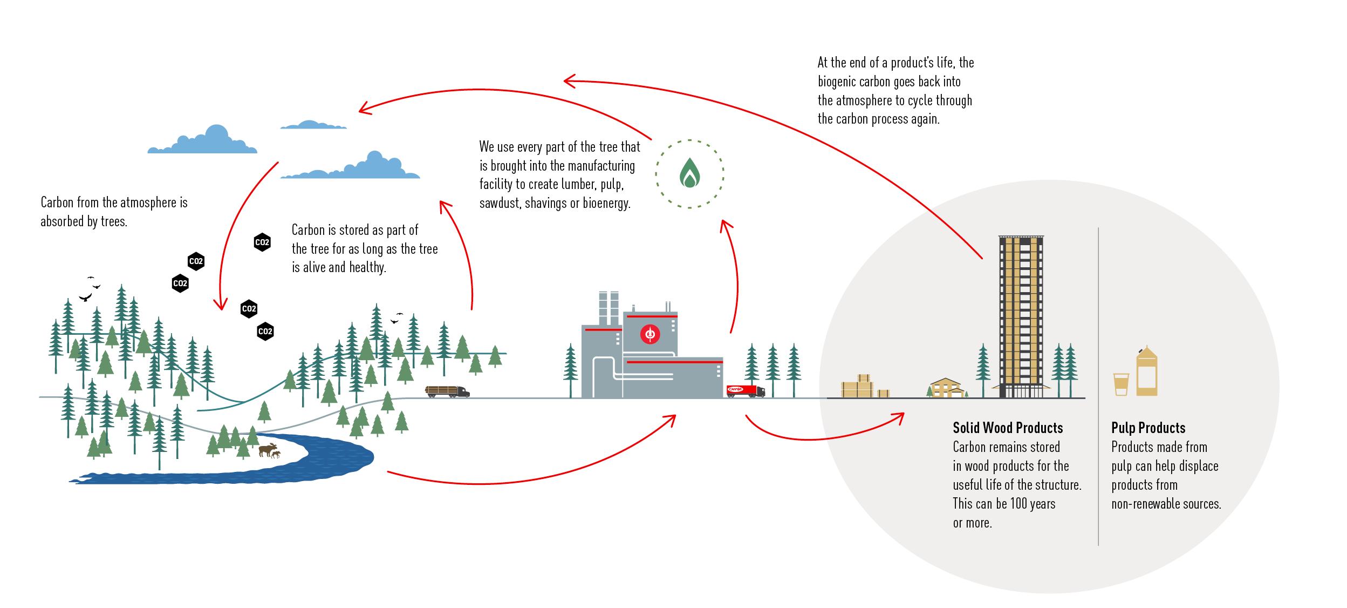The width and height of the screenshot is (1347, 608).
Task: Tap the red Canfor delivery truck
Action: click(x=745, y=391)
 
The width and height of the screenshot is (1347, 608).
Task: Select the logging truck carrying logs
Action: click(x=447, y=391)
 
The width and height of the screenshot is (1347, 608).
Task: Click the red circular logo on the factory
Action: click(x=650, y=335)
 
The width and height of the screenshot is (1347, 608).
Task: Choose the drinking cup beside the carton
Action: click(x=1121, y=383)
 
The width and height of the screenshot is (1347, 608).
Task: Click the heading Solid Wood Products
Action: click(x=1007, y=428)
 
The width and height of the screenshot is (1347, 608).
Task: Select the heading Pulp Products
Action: click(x=1148, y=428)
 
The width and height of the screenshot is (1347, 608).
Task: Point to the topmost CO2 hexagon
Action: click(x=262, y=242)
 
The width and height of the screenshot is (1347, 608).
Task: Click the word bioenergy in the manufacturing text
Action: click(x=606, y=204)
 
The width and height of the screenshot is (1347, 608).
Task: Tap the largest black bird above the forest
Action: click(x=85, y=297)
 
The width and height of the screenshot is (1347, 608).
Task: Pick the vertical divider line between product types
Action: click(x=1098, y=386)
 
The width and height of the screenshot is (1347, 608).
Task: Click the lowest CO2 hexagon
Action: click(x=265, y=332)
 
